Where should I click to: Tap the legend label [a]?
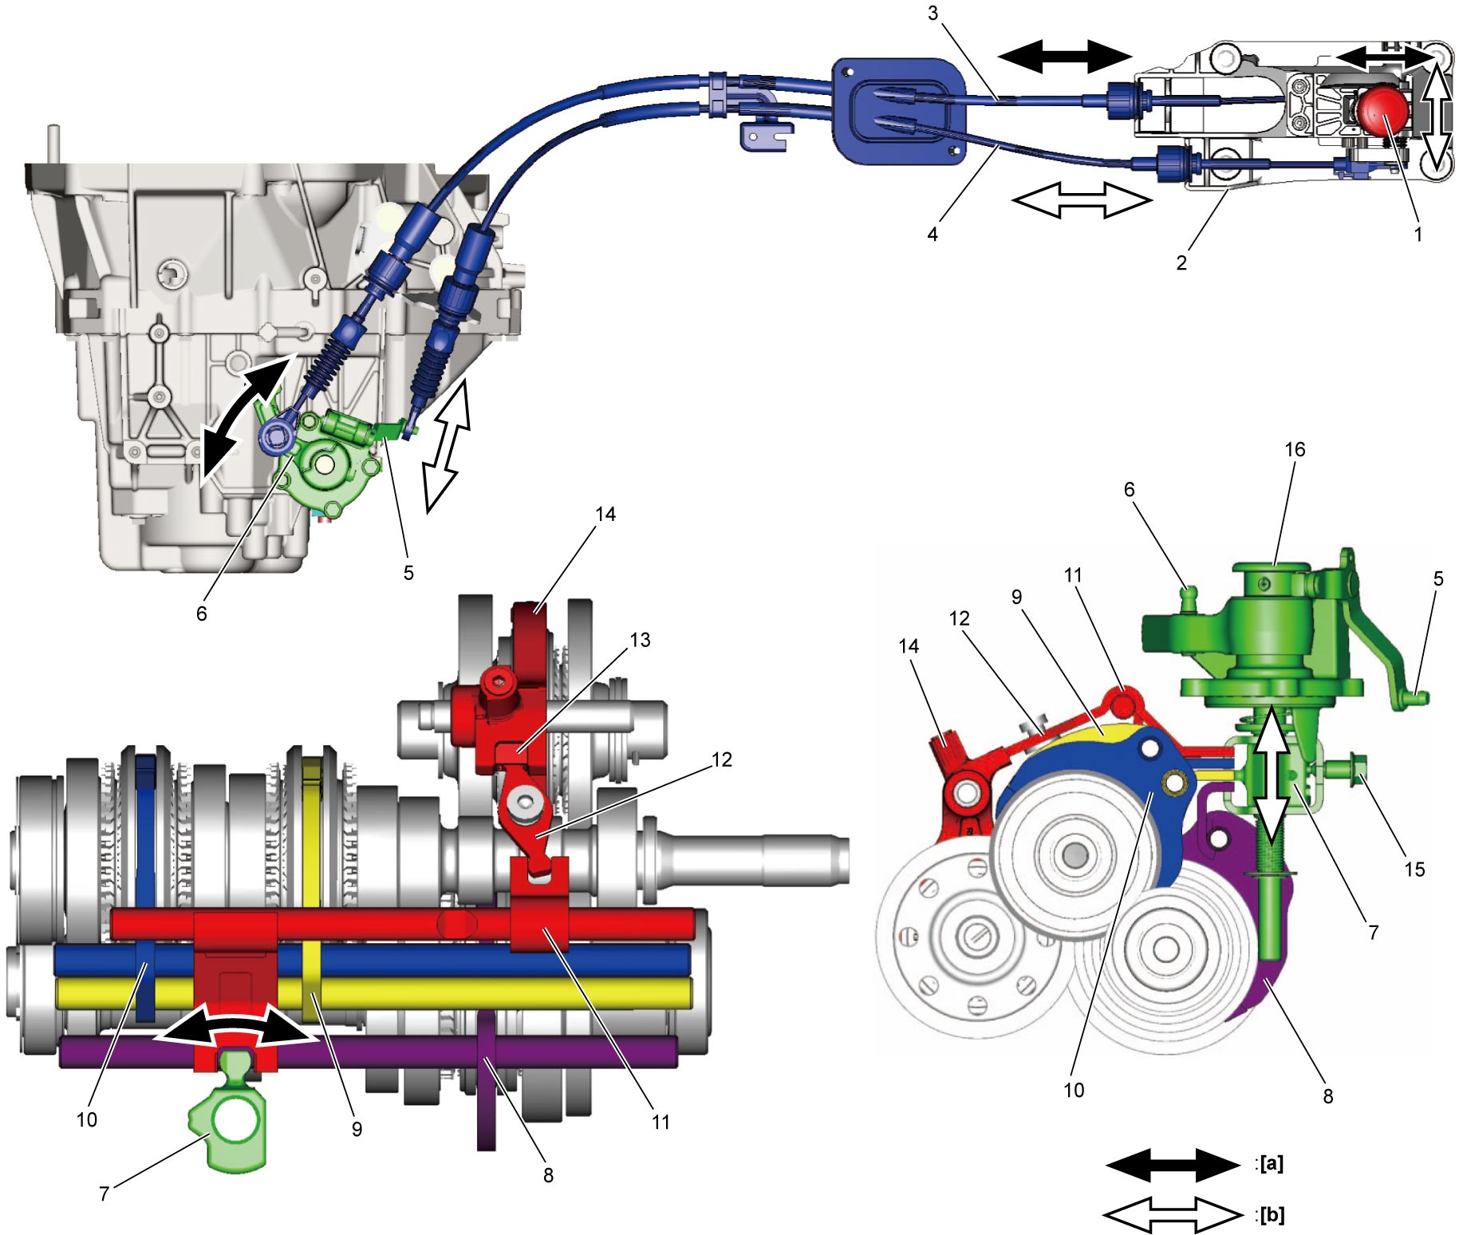1271,1164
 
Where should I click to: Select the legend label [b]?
1272,1215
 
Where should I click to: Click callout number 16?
1295,450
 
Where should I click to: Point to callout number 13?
640,640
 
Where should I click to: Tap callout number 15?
1414,869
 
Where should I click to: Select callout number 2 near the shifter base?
1181,262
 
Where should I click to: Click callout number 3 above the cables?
933,14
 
